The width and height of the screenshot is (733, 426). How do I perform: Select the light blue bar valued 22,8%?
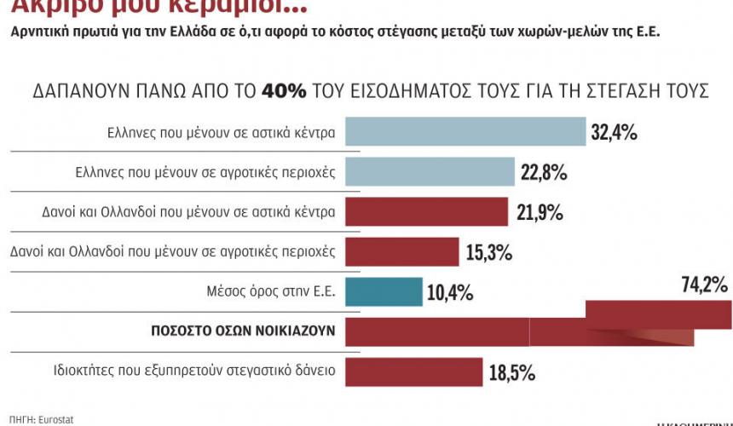[430, 172]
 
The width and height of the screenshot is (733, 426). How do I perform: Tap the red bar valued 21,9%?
[426, 211]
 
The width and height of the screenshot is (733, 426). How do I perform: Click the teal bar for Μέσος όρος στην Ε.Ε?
[384, 291]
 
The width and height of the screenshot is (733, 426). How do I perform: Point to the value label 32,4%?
[614, 133]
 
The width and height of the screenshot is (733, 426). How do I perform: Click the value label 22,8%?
[543, 173]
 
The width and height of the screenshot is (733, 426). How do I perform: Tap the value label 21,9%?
[537, 212]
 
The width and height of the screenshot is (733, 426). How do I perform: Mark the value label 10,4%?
[449, 293]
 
